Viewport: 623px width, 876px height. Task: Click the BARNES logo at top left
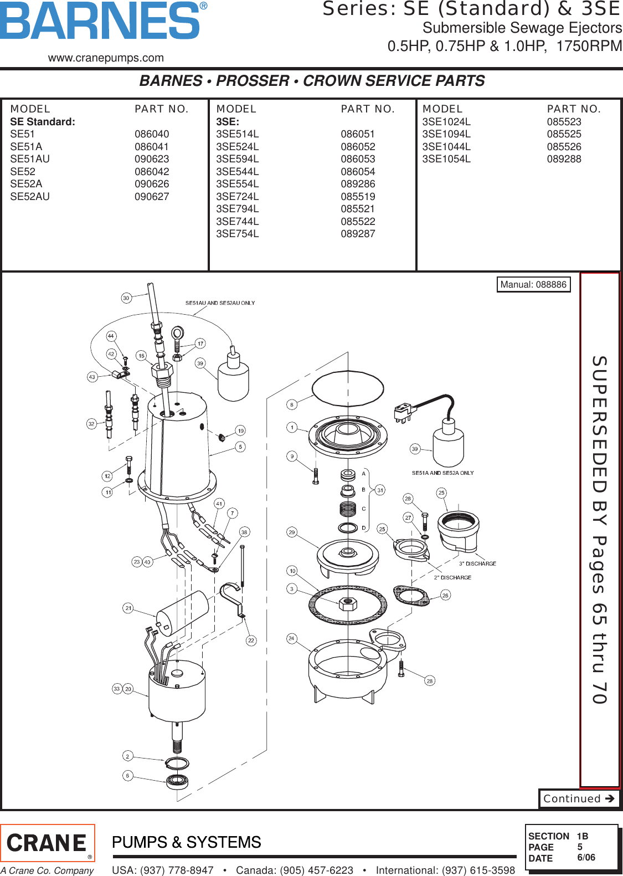(103, 21)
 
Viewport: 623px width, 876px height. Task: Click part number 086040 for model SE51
(152, 134)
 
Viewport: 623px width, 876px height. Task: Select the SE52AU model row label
(30, 197)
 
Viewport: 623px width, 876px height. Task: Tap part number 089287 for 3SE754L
(358, 234)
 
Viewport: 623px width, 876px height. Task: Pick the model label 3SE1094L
(446, 134)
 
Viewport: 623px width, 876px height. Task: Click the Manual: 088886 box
(533, 284)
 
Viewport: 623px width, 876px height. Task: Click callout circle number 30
(126, 298)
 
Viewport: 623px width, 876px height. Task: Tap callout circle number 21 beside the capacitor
(128, 608)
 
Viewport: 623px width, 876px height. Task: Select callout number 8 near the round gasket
(292, 404)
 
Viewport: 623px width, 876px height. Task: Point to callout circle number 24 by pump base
(292, 638)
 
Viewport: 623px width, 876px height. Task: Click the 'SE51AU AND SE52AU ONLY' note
(220, 303)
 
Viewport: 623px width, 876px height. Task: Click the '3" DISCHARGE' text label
(477, 563)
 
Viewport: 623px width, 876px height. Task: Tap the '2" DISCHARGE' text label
(452, 577)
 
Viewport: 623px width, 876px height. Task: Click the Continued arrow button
(579, 798)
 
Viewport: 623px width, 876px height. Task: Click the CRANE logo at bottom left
(48, 843)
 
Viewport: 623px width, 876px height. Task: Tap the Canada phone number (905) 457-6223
(295, 870)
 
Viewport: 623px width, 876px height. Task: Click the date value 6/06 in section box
(586, 858)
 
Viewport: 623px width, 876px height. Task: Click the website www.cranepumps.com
(106, 58)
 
